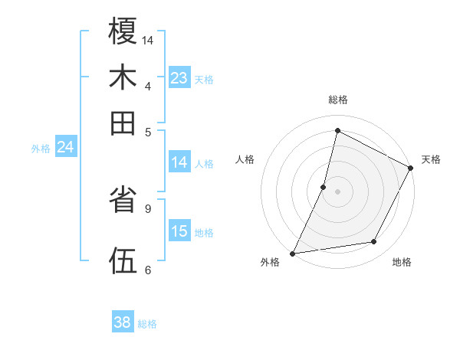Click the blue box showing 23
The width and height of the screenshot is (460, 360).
pyautogui.click(x=179, y=78)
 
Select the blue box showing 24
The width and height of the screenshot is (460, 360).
pyautogui.click(x=66, y=147)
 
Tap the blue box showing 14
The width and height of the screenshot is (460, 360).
pyautogui.click(x=179, y=162)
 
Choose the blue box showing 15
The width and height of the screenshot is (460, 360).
pyautogui.click(x=179, y=231)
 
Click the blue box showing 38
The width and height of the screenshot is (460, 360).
pyautogui.click(x=123, y=322)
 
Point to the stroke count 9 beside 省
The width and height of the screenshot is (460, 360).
pyautogui.click(x=148, y=208)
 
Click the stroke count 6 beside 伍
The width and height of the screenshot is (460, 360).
pyautogui.click(x=148, y=270)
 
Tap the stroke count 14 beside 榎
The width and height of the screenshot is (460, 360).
pyautogui.click(x=148, y=39)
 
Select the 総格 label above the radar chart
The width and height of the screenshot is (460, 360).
pyautogui.click(x=337, y=100)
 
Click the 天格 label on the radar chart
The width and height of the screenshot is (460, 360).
pyautogui.click(x=431, y=159)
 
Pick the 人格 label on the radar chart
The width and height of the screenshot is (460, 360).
pyautogui.click(x=245, y=159)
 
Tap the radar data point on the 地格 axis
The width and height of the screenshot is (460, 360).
pyautogui.click(x=374, y=242)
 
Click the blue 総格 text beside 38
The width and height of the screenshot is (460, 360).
pyautogui.click(x=147, y=324)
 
